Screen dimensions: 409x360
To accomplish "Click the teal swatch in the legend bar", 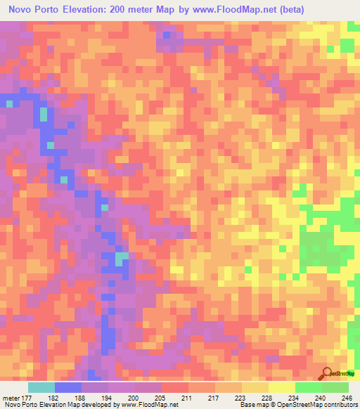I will point(41,387).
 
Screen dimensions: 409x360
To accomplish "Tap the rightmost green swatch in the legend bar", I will point(335,387).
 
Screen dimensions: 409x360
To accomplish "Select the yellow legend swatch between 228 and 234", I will point(281,387).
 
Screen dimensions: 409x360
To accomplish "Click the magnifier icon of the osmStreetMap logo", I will point(326,373).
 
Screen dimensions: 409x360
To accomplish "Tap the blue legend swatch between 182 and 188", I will point(68,387).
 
